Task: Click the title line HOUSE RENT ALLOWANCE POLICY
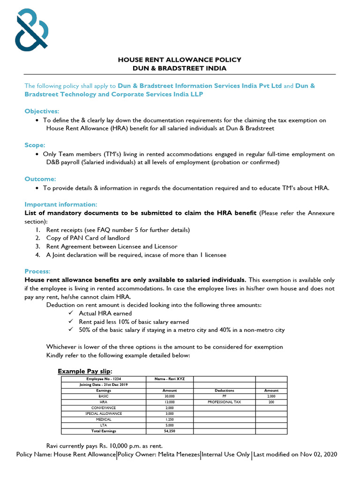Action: [x=180, y=60]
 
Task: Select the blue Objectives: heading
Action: [x=42, y=111]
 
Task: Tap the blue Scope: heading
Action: [x=35, y=145]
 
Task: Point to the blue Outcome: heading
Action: [x=40, y=179]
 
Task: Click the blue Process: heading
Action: [x=37, y=271]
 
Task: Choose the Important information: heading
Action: [x=61, y=204]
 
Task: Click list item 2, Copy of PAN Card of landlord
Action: [x=88, y=238]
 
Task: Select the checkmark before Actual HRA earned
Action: [x=71, y=313]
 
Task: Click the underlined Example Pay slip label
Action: [x=85, y=371]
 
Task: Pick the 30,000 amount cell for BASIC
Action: [x=169, y=396]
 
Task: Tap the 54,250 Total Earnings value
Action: [x=169, y=431]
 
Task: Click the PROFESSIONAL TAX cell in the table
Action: [x=224, y=402]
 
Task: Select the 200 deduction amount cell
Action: [x=271, y=402]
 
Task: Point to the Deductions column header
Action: [x=224, y=390]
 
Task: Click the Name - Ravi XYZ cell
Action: [x=169, y=379]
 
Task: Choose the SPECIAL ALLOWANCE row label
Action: [x=104, y=413]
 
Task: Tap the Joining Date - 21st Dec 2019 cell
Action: [x=104, y=385]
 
